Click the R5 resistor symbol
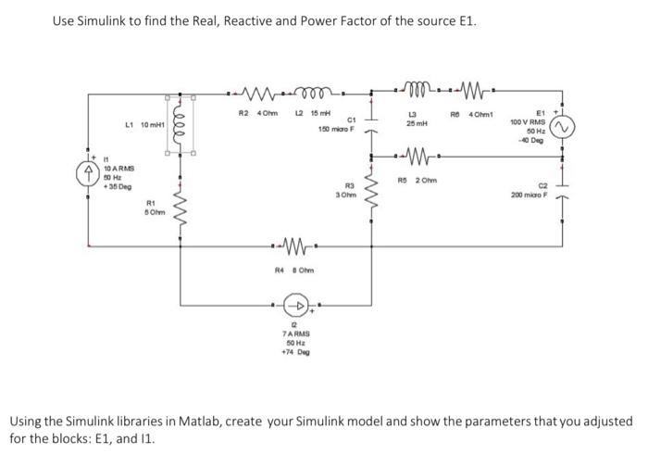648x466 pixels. pos(414,154)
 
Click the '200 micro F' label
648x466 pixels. pos(530,196)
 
